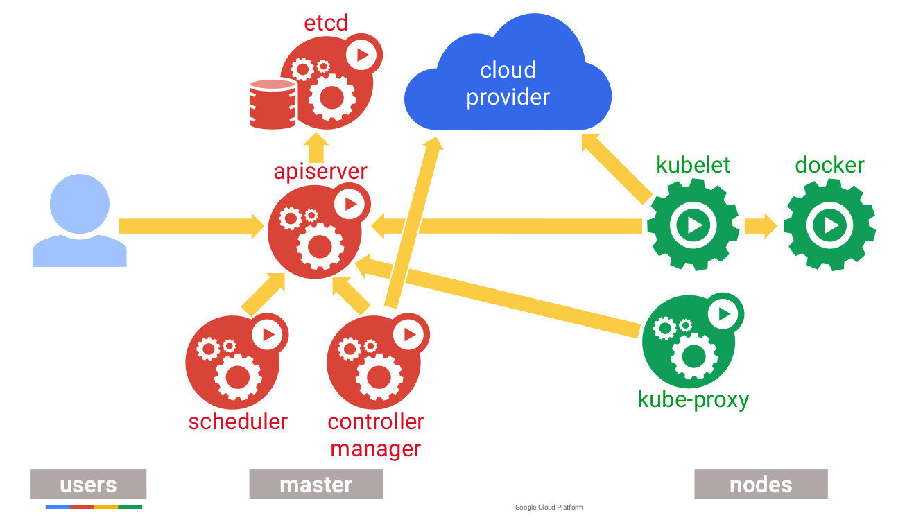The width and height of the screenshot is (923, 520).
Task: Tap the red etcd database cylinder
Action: pyautogui.click(x=273, y=104)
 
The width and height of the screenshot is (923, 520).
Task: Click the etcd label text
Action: pyautogui.click(x=325, y=24)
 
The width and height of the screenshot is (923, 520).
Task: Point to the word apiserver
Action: pyautogui.click(x=320, y=171)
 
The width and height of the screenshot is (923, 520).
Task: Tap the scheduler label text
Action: pyautogui.click(x=238, y=421)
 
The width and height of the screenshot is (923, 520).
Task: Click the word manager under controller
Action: pyautogui.click(x=375, y=449)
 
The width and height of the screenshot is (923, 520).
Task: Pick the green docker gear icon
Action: pyautogui.click(x=829, y=225)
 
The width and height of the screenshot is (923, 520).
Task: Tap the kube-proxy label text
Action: pyautogui.click(x=693, y=400)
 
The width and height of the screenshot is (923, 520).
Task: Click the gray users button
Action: pyautogui.click(x=88, y=484)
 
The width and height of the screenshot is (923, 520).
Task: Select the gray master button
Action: pyautogui.click(x=316, y=484)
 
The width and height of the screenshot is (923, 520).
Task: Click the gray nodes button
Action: pyautogui.click(x=761, y=484)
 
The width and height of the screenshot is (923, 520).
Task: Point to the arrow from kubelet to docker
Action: pyautogui.click(x=760, y=225)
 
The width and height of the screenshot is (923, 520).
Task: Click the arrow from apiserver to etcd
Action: pyautogui.click(x=318, y=146)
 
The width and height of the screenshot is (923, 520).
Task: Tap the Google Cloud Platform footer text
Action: pyautogui.click(x=549, y=508)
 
